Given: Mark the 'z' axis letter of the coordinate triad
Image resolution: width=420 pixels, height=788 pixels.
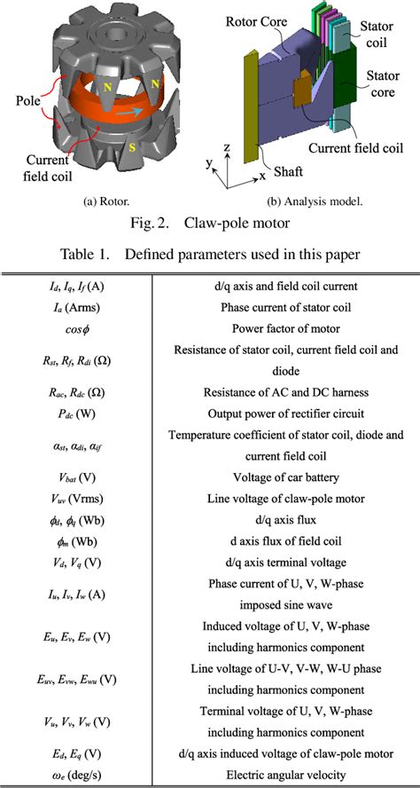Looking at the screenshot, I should click(x=227, y=147).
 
